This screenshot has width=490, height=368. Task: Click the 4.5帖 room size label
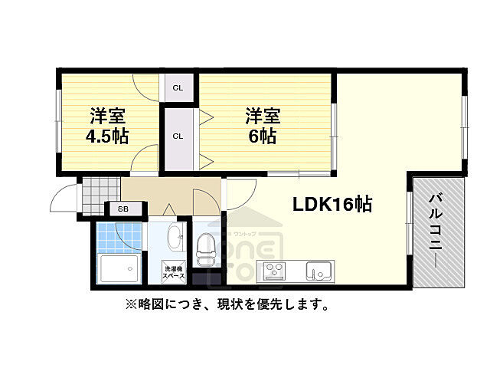click(x=107, y=137)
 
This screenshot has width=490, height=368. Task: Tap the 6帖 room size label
click(x=262, y=137)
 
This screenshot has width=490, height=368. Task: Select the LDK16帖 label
click(x=332, y=204)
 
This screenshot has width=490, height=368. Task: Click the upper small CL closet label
click(x=178, y=87)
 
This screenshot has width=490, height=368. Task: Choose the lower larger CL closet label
click(x=178, y=136)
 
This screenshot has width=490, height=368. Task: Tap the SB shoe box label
click(x=122, y=208)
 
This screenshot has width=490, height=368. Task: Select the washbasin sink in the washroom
click(x=175, y=239)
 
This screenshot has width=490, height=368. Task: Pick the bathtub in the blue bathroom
click(x=119, y=269)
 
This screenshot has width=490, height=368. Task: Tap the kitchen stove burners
click(x=274, y=271)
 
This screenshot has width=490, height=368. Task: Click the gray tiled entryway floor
click(x=101, y=189)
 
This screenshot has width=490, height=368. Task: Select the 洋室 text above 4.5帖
click(x=107, y=117)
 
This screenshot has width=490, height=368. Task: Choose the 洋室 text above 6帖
click(x=262, y=117)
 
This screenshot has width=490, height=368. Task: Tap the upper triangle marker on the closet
click(x=205, y=118)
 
